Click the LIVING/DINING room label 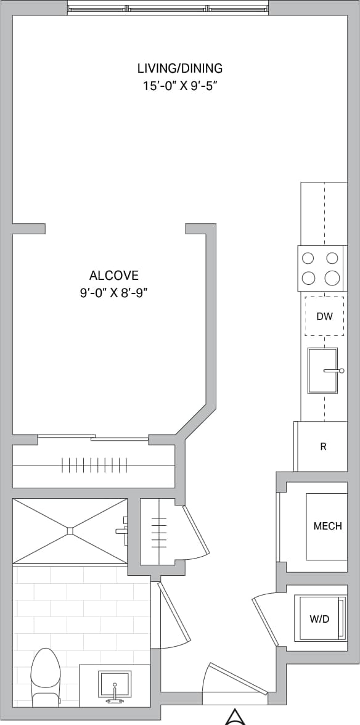pyautogui.click(x=179, y=68)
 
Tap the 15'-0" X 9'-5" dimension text pyautogui.click(x=179, y=86)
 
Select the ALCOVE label pyautogui.click(x=114, y=276)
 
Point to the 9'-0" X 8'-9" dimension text pyautogui.click(x=114, y=293)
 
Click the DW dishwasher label pyautogui.click(x=324, y=317)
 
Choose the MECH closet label pyautogui.click(x=327, y=526)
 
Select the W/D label pyautogui.click(x=319, y=618)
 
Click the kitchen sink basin pyautogui.click(x=322, y=371)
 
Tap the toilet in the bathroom pyautogui.click(x=45, y=678)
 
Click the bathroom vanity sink pyautogui.click(x=115, y=684)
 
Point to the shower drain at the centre pyautogui.click(x=70, y=530)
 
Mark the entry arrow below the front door pyautogui.click(x=234, y=718)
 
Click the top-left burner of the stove pyautogui.click(x=308, y=258)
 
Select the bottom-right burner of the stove pyautogui.click(x=332, y=277)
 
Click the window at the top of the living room pyautogui.click(x=168, y=9)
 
